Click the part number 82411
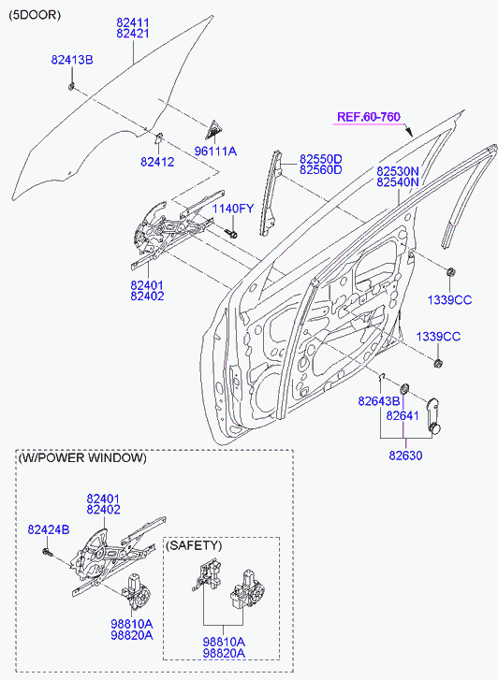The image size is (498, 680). [132, 20]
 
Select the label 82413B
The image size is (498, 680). [71, 60]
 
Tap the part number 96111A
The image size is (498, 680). [215, 151]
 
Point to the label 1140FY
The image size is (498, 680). [232, 208]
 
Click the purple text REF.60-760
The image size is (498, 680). [369, 117]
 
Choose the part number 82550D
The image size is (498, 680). [320, 158]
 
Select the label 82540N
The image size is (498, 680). [398, 183]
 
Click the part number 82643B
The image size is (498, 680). [378, 400]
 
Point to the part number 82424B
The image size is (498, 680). [48, 530]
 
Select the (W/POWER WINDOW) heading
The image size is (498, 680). [82, 458]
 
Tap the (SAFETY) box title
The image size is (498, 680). [193, 544]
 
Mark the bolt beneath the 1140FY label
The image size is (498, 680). [231, 229]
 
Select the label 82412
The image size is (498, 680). [157, 162]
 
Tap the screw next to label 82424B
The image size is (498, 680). [47, 552]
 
